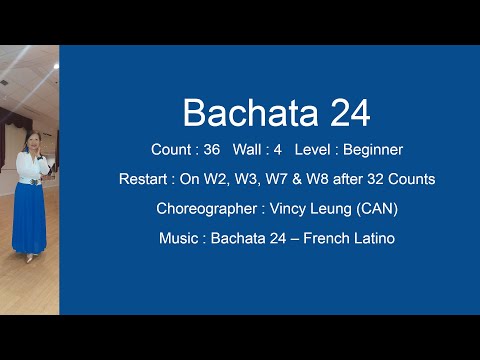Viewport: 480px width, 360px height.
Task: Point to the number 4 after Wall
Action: tap(287, 150)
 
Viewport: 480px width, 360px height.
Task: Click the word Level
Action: tap(318, 150)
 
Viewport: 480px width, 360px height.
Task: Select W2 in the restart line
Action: tap(220, 180)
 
